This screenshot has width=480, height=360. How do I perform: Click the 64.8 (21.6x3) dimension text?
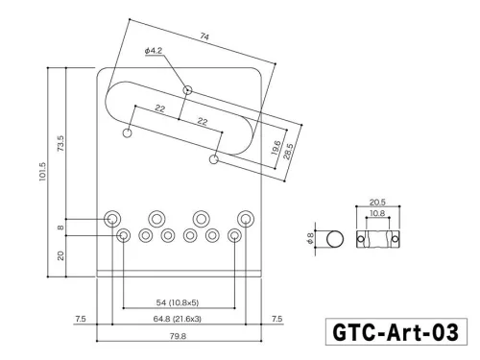pyautogui.click(x=180, y=317)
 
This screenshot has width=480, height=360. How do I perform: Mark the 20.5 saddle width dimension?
pyautogui.click(x=376, y=204)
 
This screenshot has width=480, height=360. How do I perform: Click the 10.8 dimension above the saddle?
pyautogui.click(x=376, y=214)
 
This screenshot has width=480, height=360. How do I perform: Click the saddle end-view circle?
pyautogui.click(x=335, y=237)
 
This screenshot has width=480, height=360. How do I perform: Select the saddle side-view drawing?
pyautogui.click(x=376, y=237)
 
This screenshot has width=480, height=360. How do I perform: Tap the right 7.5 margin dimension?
pyautogui.click(x=278, y=317)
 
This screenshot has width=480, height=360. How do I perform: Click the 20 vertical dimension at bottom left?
pyautogui.click(x=60, y=255)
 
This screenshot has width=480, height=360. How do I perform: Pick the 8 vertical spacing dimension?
pyautogui.click(x=60, y=228)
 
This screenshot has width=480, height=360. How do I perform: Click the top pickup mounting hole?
pyautogui.click(x=189, y=90)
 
